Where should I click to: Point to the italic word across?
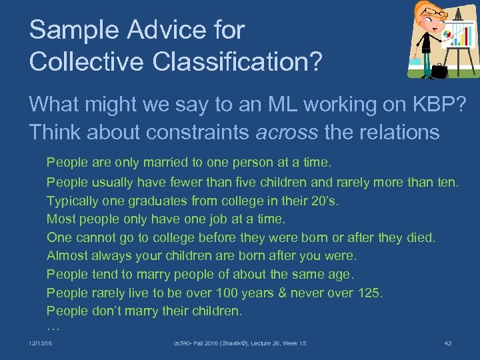[x=286, y=132]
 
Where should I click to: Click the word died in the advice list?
[x=419, y=237]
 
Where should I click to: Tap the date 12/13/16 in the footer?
[x=41, y=343]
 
